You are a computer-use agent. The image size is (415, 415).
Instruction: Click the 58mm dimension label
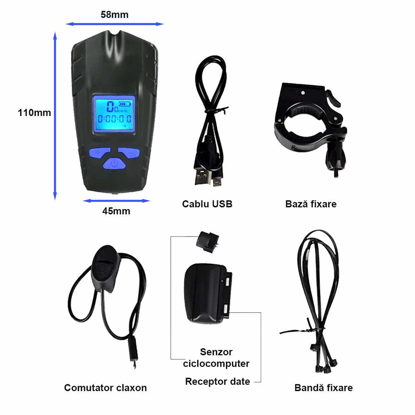(115, 15)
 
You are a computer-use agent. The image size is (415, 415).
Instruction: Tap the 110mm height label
(34, 113)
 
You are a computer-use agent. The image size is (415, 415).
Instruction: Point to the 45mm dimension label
(116, 211)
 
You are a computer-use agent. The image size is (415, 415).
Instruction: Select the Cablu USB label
(207, 204)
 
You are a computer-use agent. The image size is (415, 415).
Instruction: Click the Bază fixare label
(311, 204)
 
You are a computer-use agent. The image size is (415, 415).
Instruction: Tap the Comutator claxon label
(105, 388)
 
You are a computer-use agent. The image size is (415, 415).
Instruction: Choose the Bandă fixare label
(323, 388)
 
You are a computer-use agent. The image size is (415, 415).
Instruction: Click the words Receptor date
(218, 381)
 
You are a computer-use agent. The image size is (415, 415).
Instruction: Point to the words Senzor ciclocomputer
(216, 358)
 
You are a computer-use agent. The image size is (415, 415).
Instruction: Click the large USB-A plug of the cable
(203, 177)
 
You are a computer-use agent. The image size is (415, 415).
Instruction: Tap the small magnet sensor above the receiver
(208, 242)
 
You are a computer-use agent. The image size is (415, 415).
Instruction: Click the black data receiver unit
(208, 294)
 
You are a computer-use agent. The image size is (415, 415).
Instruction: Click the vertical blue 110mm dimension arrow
(55, 116)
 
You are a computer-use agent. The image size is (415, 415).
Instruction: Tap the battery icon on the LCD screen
(125, 104)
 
